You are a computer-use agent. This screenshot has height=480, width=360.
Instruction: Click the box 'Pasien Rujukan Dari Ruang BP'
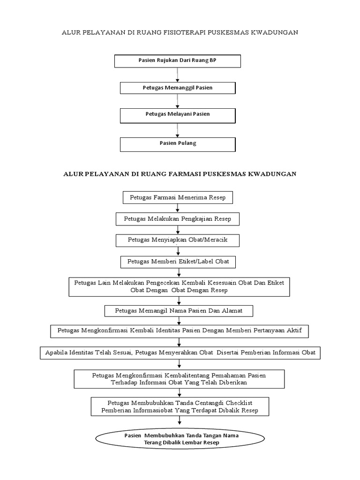point(177,61)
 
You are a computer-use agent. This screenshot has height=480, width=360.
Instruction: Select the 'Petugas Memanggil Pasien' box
point(177,88)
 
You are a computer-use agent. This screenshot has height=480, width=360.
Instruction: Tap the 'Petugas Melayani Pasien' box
point(177,115)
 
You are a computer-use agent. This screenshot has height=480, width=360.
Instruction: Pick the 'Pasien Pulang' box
point(177,144)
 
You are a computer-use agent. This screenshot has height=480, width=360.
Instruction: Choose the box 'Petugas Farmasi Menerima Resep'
point(177,197)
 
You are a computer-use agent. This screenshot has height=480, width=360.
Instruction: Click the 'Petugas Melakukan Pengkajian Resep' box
point(177,219)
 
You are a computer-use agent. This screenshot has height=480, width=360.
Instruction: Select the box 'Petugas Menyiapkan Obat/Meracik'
point(177,240)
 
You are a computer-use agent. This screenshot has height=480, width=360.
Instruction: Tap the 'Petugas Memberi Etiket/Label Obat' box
point(177,261)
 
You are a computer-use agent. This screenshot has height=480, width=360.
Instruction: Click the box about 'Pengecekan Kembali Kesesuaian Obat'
point(180,286)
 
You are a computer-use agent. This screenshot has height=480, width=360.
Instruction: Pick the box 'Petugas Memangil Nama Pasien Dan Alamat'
point(179,311)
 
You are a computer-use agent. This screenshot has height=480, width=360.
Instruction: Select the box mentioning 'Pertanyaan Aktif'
point(180,331)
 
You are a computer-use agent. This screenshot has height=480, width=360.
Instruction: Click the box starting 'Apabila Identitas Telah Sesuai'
point(180,352)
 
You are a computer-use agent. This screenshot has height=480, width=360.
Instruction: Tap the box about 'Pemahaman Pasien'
point(179,379)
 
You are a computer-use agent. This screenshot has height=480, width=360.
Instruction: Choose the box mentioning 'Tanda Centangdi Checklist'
point(180,406)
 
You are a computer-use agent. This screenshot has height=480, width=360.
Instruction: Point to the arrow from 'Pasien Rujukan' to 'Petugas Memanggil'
point(177,75)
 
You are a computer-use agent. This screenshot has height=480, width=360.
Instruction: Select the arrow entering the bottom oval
point(180,422)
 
